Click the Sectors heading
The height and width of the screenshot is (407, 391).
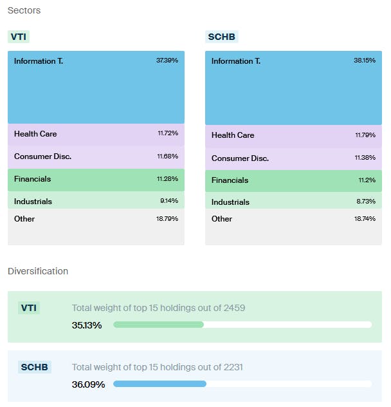[x=24, y=11]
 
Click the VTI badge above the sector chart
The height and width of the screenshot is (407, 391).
[x=19, y=37]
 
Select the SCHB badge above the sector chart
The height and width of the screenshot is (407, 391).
[x=222, y=37]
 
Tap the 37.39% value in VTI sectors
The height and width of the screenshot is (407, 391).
[x=167, y=61]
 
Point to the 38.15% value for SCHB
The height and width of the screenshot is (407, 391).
[x=365, y=61]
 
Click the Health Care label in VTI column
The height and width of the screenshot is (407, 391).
[x=35, y=134]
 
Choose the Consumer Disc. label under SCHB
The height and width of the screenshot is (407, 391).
[x=240, y=158]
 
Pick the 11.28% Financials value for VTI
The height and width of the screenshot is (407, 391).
[x=168, y=179]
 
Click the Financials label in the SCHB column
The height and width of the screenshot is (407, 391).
[x=230, y=180]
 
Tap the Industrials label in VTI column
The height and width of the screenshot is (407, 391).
[x=33, y=202]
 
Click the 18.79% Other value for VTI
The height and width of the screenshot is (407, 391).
[x=167, y=219]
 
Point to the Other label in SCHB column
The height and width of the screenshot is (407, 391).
[x=222, y=219]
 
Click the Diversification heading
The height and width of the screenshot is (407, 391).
[x=38, y=271]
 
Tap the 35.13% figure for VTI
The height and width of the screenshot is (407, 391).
[x=87, y=325]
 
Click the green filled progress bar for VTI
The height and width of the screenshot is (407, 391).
[x=158, y=325]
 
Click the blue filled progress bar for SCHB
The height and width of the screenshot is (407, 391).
[x=159, y=384]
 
